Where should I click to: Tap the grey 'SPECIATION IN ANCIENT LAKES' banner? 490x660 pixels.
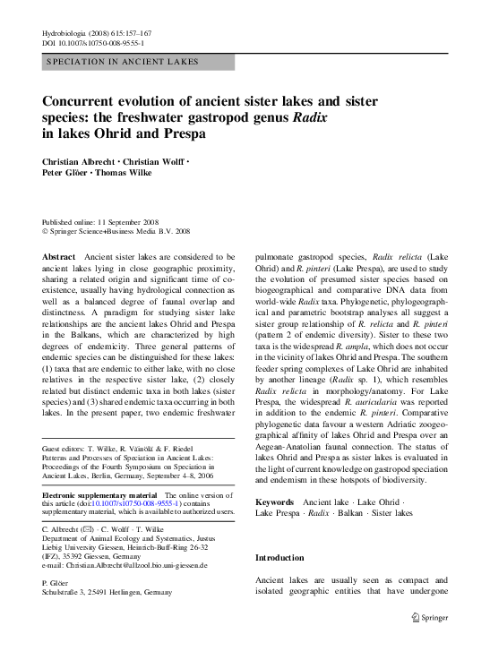pyautogui.click(x=138, y=62)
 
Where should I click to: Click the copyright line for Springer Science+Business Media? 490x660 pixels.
pyautogui.click(x=116, y=231)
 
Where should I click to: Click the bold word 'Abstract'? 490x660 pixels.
pyautogui.click(x=59, y=258)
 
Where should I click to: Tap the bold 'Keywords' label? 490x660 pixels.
pyautogui.click(x=275, y=502)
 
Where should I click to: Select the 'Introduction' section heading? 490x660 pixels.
pyautogui.click(x=280, y=557)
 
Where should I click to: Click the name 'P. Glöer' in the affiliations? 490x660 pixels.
pyautogui.click(x=56, y=583)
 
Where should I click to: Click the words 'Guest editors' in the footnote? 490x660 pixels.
pyautogui.click(x=64, y=447)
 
